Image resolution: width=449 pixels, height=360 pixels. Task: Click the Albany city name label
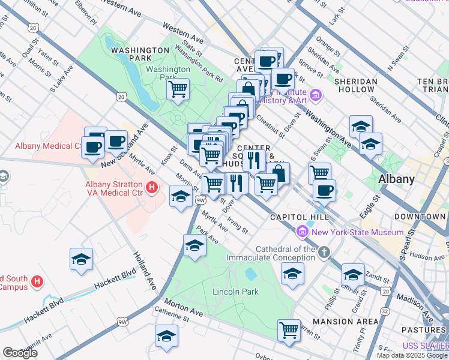tap(396, 179)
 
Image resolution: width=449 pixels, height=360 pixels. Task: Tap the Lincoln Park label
tap(235, 292)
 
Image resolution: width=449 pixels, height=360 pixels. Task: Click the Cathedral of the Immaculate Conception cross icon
tap(324, 252)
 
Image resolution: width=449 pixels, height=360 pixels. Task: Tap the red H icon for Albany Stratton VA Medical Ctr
tap(152, 188)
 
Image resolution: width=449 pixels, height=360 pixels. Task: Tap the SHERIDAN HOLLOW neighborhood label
tap(356, 85)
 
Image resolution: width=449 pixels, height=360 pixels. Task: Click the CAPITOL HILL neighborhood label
tap(299, 217)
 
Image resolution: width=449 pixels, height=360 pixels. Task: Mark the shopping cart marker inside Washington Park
tap(178, 90)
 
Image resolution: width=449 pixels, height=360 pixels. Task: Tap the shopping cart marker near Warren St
tap(289, 329)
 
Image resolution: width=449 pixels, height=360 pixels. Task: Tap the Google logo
tap(20, 353)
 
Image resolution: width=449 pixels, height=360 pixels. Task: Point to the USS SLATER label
tap(425, 346)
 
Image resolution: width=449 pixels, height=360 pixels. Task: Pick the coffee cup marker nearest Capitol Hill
tap(324, 190)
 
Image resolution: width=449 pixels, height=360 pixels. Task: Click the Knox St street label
tap(169, 157)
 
